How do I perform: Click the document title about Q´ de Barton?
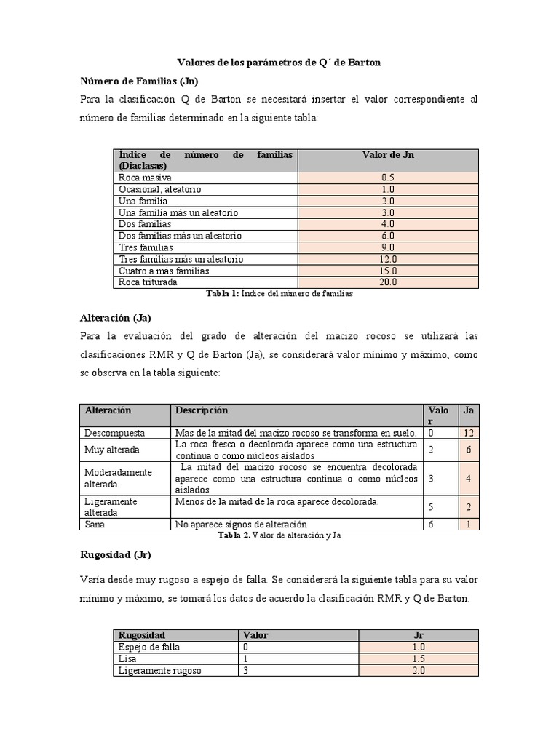[279, 63]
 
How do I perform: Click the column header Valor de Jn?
[388, 154]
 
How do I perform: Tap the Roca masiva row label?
[146, 178]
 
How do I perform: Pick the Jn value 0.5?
[388, 178]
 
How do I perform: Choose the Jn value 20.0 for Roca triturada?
[388, 282]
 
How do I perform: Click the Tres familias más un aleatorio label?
[181, 259]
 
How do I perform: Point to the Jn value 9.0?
[388, 247]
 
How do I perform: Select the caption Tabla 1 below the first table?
[279, 294]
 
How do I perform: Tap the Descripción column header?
[201, 410]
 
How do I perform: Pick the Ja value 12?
[469, 433]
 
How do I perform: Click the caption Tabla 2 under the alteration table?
[279, 535]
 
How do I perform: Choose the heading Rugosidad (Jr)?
[115, 555]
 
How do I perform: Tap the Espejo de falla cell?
[149, 647]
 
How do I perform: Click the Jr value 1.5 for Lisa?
[418, 658]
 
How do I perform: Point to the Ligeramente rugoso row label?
[160, 670]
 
